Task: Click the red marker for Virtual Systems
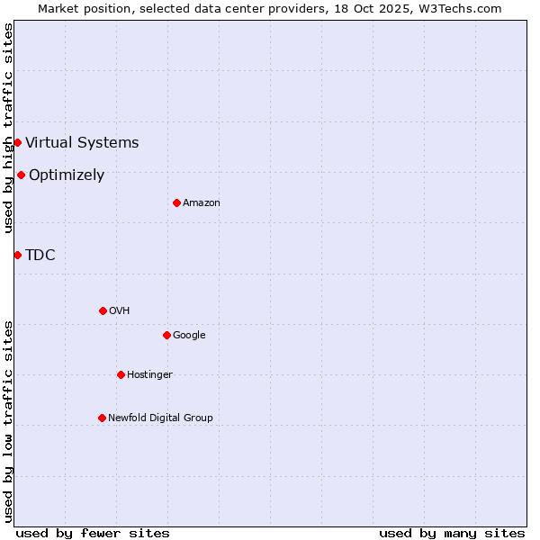[17, 142]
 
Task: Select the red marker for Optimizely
[21, 175]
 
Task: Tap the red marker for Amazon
[176, 202]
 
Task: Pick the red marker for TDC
[17, 255]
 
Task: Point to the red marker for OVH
[103, 310]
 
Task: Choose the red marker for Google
[166, 335]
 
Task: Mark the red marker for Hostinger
[121, 374]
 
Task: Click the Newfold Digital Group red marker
[102, 418]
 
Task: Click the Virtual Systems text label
[82, 142]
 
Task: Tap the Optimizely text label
[67, 175]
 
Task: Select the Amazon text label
[202, 202]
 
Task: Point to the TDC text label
[40, 255]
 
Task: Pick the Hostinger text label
[149, 374]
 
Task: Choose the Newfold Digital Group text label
[160, 418]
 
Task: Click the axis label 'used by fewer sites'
[93, 533]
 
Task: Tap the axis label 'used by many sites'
[452, 533]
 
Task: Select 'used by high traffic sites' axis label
[8, 128]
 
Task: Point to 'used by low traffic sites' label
[8, 420]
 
